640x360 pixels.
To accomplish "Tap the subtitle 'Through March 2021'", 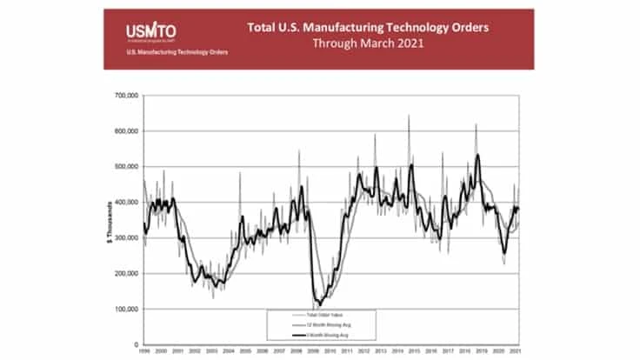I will tap(369, 43).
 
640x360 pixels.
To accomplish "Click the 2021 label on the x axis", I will tap(519, 351).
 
